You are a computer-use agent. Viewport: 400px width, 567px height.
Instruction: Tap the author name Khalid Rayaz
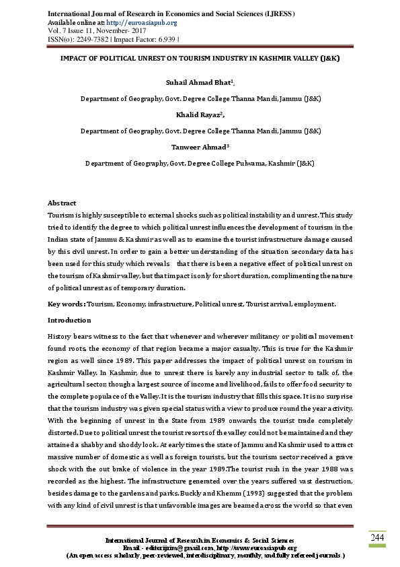(x=199, y=114)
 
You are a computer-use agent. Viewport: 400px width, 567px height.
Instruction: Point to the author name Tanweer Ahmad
(x=199, y=147)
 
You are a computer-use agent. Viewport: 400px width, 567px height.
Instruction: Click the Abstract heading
(x=62, y=203)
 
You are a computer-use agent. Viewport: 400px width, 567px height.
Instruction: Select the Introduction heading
(x=69, y=320)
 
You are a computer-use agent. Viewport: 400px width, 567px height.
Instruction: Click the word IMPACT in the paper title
(x=76, y=58)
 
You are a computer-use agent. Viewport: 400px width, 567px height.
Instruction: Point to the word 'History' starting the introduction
(x=60, y=335)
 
